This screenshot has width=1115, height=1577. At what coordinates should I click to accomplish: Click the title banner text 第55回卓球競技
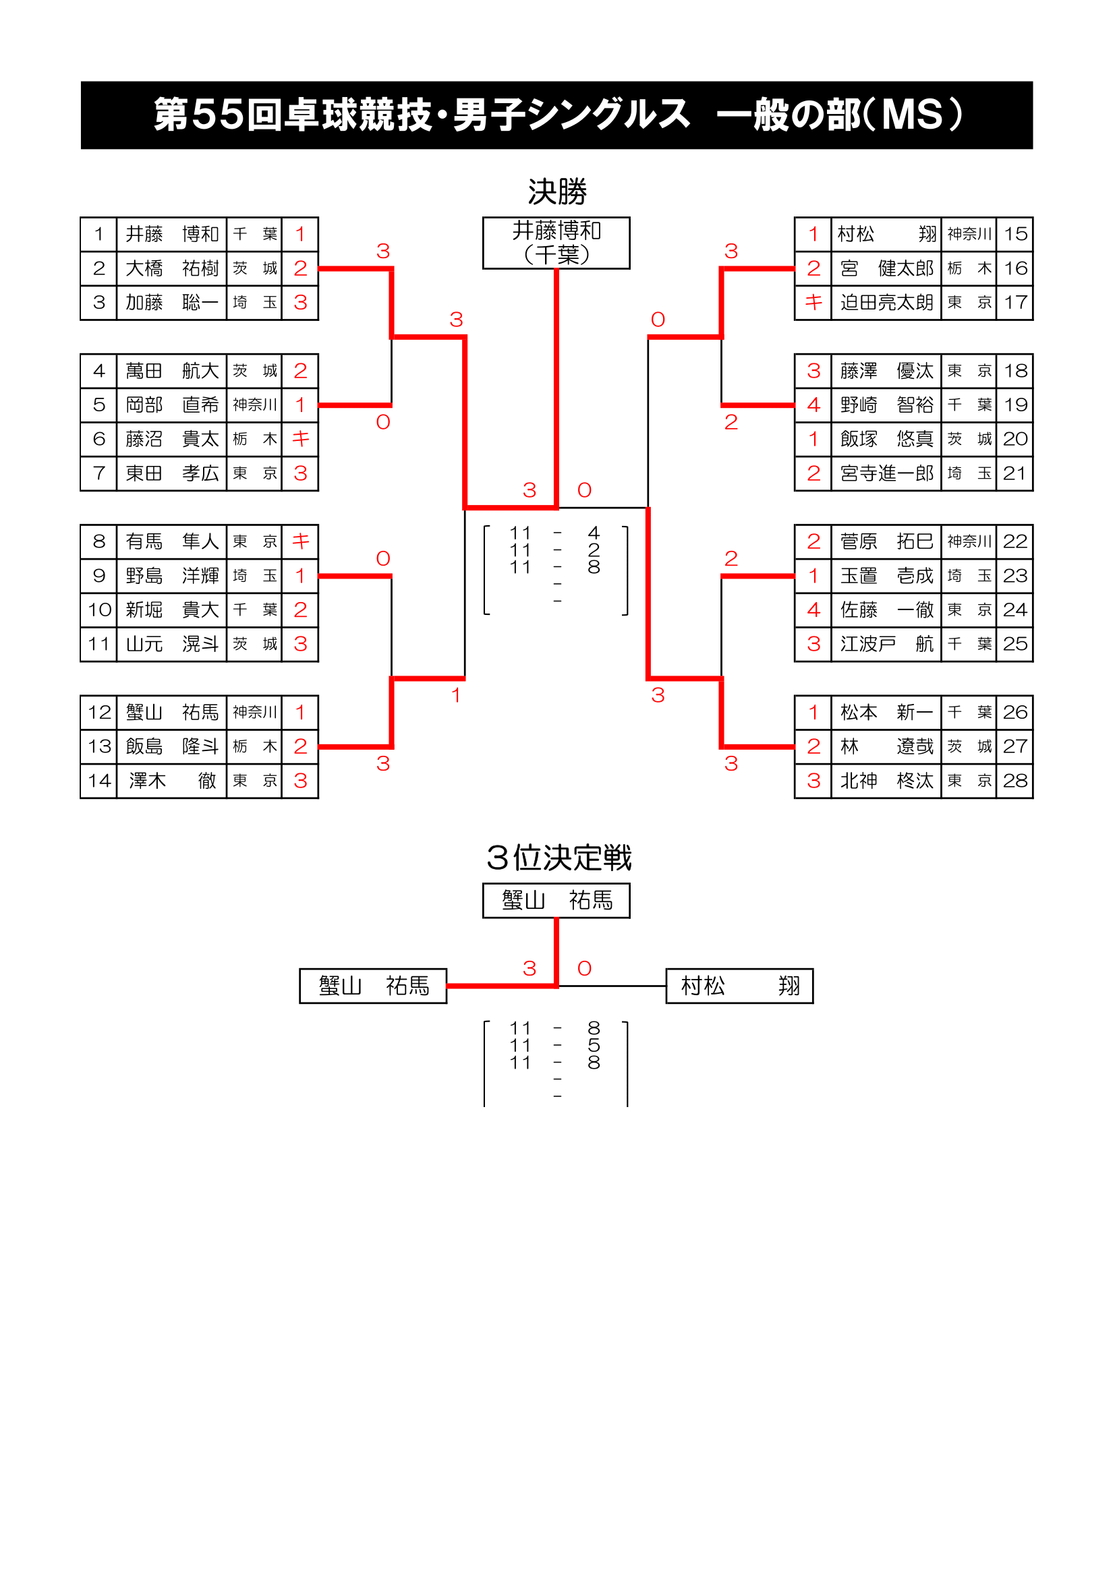pyautogui.click(x=292, y=115)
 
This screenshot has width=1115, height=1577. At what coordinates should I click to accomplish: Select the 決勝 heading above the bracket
pyautogui.click(x=556, y=191)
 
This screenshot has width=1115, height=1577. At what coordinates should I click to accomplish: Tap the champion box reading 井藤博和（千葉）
pyautogui.click(x=556, y=243)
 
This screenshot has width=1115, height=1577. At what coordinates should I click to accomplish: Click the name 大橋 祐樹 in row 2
pyautogui.click(x=172, y=268)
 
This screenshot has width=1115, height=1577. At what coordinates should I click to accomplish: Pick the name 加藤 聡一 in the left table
pyautogui.click(x=172, y=303)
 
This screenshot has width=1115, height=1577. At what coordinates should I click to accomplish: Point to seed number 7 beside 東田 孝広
pyautogui.click(x=99, y=473)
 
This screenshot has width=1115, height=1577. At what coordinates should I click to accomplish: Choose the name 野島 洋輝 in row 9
pyautogui.click(x=172, y=576)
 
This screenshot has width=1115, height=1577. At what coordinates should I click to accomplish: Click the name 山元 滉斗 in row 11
pyautogui.click(x=172, y=645)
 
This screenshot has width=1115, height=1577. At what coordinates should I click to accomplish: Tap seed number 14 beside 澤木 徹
pyautogui.click(x=99, y=781)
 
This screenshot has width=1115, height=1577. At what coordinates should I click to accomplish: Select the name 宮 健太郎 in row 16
pyautogui.click(x=886, y=268)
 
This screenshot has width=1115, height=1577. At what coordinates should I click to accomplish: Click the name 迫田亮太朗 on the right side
pyautogui.click(x=886, y=303)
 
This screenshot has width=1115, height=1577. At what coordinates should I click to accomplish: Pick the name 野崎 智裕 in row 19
pyautogui.click(x=886, y=405)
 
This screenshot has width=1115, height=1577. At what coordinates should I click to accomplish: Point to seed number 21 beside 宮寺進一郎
pyautogui.click(x=1014, y=473)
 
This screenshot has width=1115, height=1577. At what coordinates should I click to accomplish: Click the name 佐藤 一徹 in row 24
pyautogui.click(x=886, y=610)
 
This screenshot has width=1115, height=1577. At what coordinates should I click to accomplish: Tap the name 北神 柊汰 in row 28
pyautogui.click(x=886, y=781)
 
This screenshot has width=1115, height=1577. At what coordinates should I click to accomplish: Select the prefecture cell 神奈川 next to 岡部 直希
pyautogui.click(x=254, y=405)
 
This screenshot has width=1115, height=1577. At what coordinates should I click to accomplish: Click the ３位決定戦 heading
pyautogui.click(x=558, y=858)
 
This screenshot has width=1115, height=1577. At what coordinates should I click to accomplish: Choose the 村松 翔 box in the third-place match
pyautogui.click(x=739, y=986)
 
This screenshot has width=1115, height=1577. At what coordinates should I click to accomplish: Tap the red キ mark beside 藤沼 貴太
pyautogui.click(x=300, y=439)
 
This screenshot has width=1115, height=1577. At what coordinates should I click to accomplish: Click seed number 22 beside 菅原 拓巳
pyautogui.click(x=1014, y=542)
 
